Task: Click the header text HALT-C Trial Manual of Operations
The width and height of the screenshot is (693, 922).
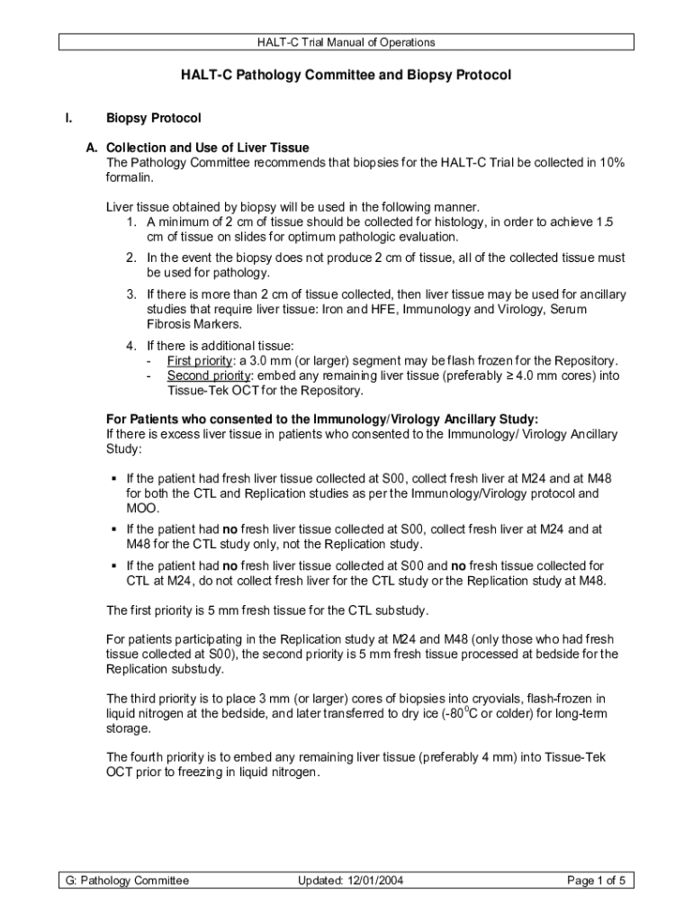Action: coord(346,42)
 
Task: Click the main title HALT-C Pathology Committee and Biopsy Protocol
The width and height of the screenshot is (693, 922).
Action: coord(346,76)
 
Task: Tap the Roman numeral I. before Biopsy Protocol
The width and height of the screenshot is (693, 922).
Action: coord(67,119)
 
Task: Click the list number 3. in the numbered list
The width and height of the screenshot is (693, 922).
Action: coord(131,294)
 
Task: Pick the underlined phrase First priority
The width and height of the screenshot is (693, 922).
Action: coord(196,360)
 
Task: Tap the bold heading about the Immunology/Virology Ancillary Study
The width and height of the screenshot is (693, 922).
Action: coord(322,419)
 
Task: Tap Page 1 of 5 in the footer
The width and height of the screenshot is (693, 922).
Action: coord(596,881)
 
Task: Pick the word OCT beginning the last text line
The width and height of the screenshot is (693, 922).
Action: coord(120,773)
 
